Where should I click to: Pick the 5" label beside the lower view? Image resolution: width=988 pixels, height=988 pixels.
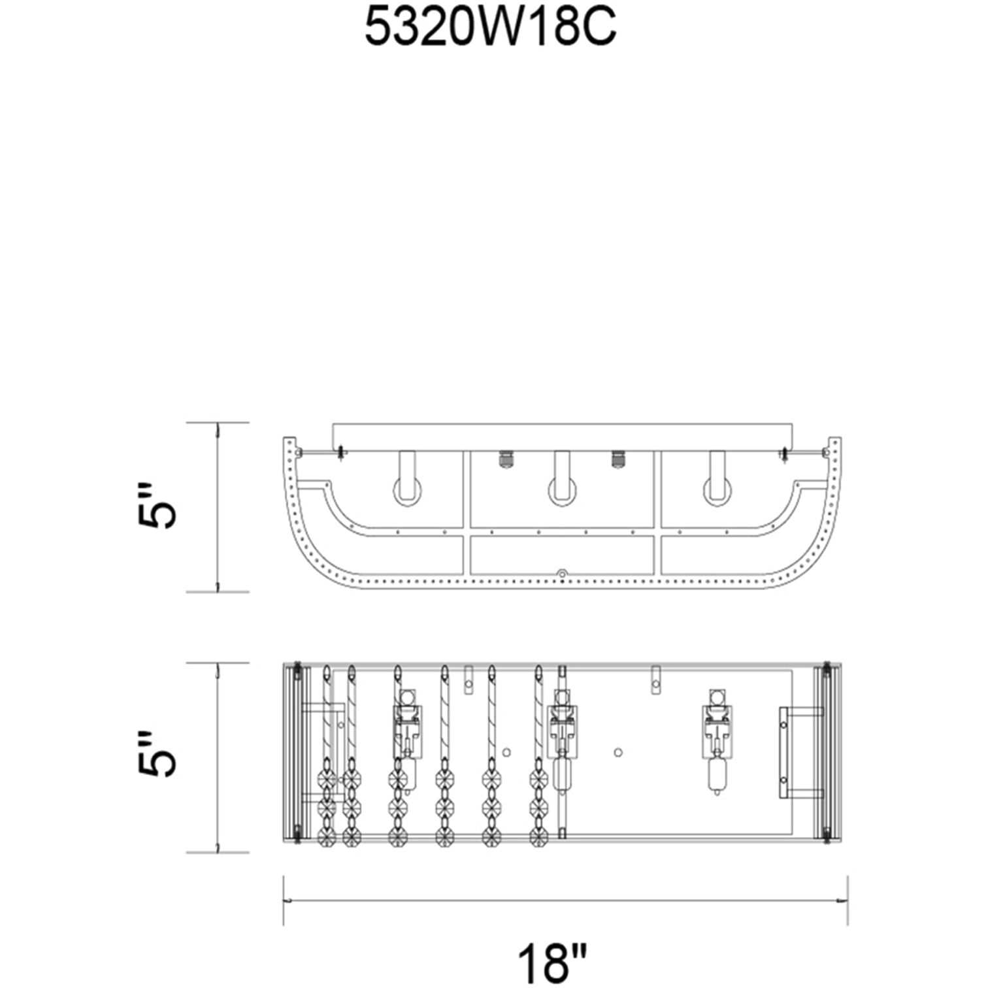point(157,753)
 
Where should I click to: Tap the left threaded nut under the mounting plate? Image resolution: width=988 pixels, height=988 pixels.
point(505,459)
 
